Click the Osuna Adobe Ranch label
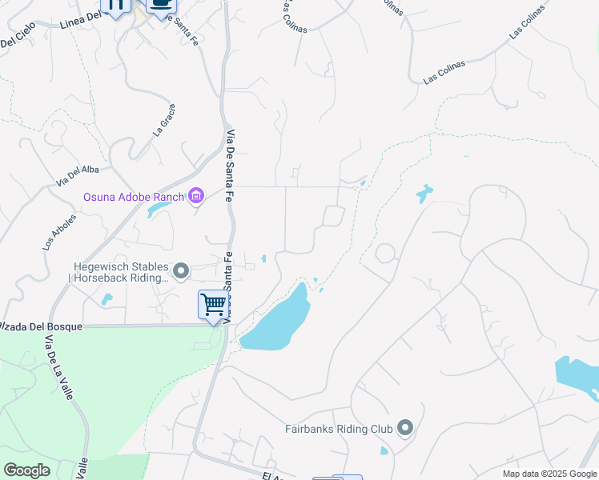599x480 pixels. (134, 197)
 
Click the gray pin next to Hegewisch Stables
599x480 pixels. (182, 272)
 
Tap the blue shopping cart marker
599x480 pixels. (212, 305)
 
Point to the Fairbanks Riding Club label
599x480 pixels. (339, 429)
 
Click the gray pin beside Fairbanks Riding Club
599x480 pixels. (404, 429)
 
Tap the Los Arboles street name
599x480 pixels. (59, 232)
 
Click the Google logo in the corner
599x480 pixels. (26, 470)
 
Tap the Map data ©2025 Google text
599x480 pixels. (549, 474)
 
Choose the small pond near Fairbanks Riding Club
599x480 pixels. (384, 450)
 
